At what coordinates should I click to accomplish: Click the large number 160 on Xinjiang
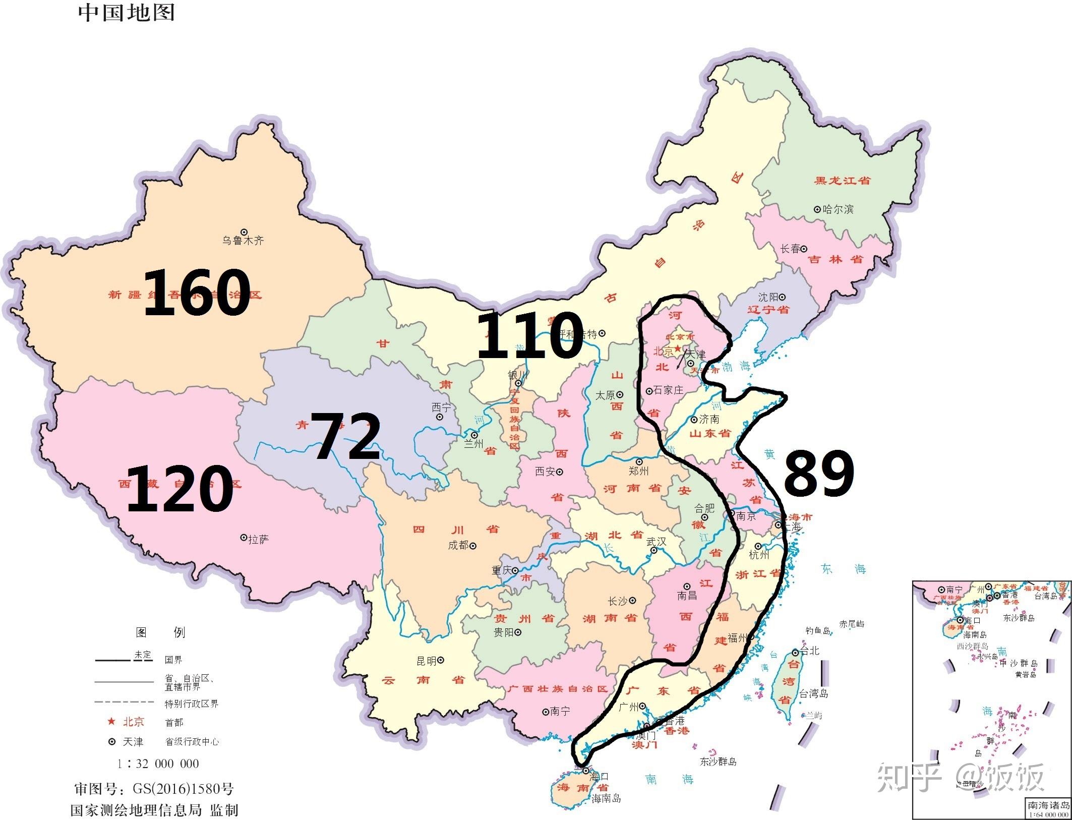point(197,292)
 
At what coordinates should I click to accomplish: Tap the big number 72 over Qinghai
point(346,436)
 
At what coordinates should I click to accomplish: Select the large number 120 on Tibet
point(180,488)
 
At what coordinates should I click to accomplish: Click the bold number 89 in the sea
point(818,473)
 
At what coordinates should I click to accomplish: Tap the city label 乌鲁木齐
point(243,241)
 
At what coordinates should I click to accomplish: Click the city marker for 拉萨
point(243,538)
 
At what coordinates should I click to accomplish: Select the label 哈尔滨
point(838,209)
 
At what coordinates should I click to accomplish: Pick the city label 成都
point(458,545)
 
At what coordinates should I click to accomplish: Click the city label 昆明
point(427,661)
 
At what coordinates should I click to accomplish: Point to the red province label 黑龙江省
point(843,180)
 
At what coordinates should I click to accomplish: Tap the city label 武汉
point(657,541)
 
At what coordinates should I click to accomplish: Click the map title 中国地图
point(127,13)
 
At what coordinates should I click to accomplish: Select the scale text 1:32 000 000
point(158,764)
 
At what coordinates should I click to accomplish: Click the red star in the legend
point(112,722)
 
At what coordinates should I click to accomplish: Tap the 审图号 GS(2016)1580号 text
point(154,789)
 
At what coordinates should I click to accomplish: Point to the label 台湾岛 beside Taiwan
point(814,694)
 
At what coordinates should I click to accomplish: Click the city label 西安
point(545,472)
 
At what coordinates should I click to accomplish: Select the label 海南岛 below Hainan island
point(606,798)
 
